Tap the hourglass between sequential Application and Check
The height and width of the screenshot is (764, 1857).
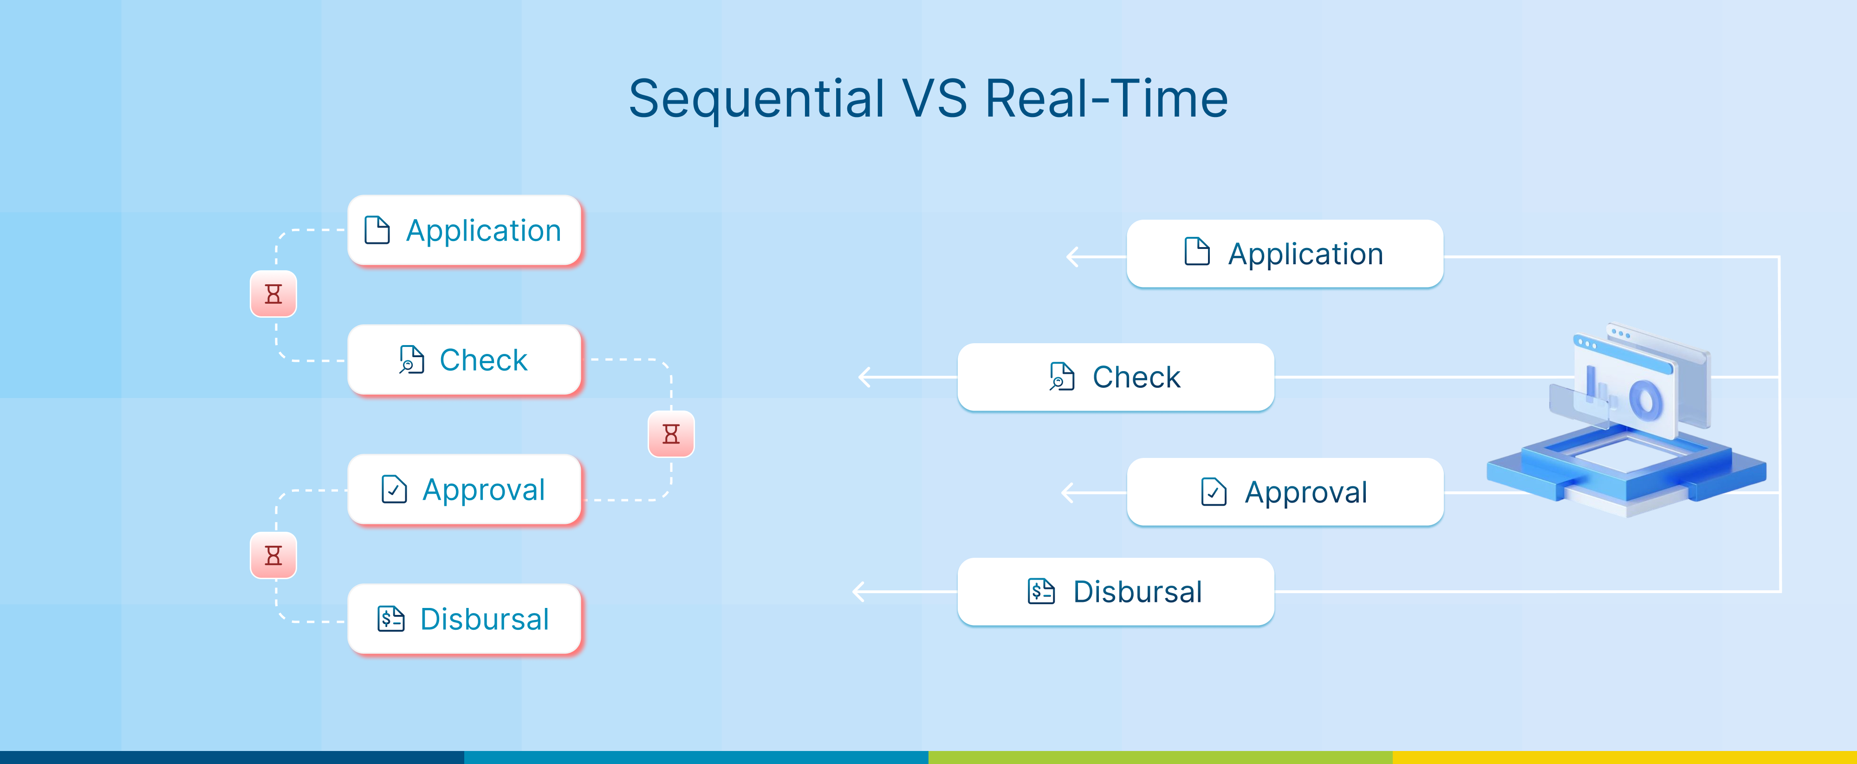[x=273, y=294]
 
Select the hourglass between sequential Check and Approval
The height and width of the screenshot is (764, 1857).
[x=671, y=434]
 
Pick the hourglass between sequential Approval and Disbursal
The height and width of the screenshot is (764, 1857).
[x=273, y=555]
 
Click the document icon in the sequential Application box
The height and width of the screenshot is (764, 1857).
[x=377, y=230]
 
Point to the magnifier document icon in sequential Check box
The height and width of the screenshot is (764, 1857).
[x=412, y=359]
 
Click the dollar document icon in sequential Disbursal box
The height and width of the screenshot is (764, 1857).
[x=391, y=618]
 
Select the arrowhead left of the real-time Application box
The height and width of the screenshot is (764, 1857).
[x=1072, y=256]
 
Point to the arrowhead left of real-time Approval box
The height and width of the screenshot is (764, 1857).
[x=1068, y=493]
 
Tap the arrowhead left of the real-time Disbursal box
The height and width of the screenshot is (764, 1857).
[x=858, y=592]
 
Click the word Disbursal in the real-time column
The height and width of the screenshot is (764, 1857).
[x=1137, y=592]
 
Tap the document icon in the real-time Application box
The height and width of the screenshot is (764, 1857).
[x=1197, y=251]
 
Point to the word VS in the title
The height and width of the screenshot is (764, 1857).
[x=934, y=99]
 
